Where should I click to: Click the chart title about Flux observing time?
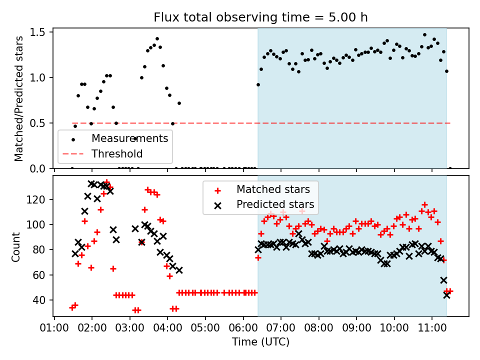(260, 17)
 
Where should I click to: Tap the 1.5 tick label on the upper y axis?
(37, 32)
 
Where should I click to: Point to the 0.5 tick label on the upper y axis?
(37, 123)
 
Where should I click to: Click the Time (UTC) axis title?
(260, 341)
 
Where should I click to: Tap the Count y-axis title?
(15, 247)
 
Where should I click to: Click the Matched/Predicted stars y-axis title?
(18, 98)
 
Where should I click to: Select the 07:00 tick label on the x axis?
(280, 328)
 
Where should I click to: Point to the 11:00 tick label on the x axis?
(432, 328)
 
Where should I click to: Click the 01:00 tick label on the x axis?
(54, 328)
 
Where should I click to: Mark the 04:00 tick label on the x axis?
(167, 328)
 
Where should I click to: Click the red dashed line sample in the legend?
(73, 153)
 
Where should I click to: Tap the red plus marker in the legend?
(217, 190)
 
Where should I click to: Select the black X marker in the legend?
(217, 205)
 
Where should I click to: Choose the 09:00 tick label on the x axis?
(356, 328)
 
